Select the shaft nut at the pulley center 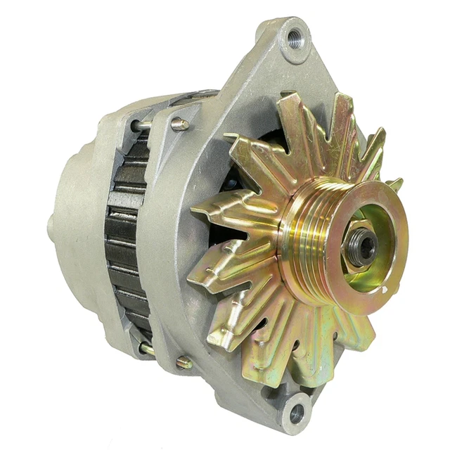click(361, 246)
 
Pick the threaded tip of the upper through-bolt click(181, 124)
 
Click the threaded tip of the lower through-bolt click(184, 363)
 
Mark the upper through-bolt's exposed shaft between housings click(144, 127)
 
